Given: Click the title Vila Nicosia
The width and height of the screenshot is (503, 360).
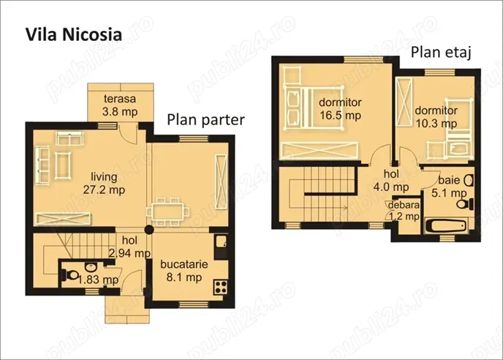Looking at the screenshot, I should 73,34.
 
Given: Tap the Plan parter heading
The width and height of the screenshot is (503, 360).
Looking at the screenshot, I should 205,120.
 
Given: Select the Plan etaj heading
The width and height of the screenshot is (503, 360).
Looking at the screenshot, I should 439,52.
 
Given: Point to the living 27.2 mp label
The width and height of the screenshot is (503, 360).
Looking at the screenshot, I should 107,182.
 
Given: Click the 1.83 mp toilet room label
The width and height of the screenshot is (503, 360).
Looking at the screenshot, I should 102,280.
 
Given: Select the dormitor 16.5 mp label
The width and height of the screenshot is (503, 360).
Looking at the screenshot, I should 340,108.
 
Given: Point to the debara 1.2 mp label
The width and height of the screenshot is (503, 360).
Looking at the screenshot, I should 403,210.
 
